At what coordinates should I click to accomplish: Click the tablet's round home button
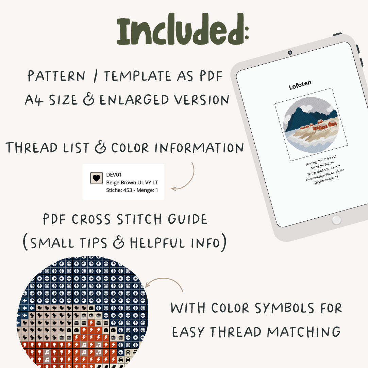(x=336, y=220)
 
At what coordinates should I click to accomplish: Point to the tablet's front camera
(x=290, y=53)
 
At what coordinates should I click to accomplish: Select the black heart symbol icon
(x=97, y=178)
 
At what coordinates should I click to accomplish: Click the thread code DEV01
(x=114, y=175)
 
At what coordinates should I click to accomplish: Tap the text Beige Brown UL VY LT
(x=132, y=183)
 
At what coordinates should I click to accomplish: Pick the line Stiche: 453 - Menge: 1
(x=132, y=190)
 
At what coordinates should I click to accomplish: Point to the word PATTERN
(x=56, y=76)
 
